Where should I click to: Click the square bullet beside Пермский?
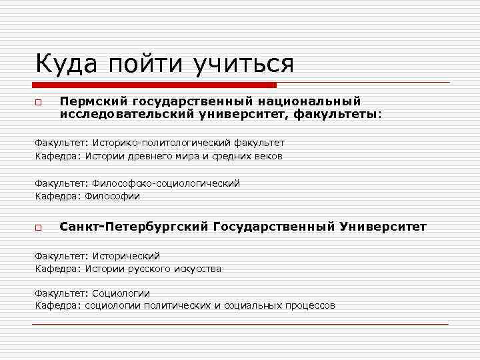[x=39, y=103]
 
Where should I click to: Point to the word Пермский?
[x=93, y=101]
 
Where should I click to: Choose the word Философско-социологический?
[x=166, y=183]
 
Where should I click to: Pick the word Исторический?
[x=126, y=256]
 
